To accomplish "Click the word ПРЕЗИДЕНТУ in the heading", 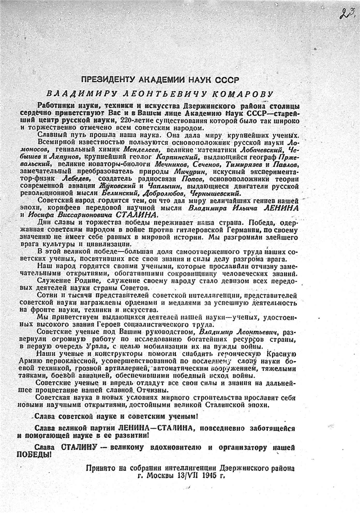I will (110, 79).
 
